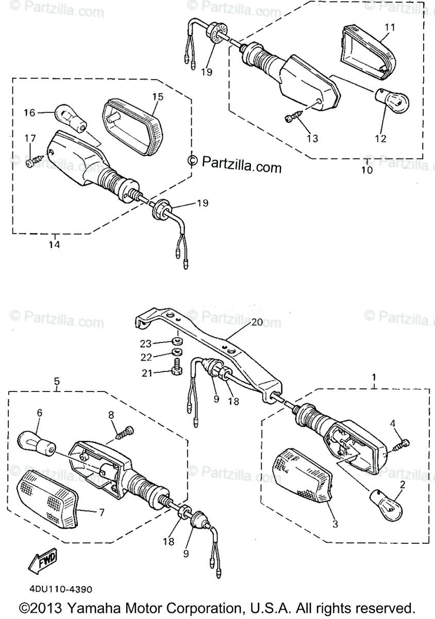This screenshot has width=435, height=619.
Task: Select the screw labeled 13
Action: [291, 119]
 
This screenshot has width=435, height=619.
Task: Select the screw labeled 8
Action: [125, 432]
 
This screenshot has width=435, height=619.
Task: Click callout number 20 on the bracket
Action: [257, 322]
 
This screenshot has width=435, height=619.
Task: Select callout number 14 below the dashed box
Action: [55, 245]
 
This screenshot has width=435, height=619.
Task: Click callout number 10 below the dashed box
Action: [366, 170]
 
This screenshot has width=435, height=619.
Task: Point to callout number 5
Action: [57, 382]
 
